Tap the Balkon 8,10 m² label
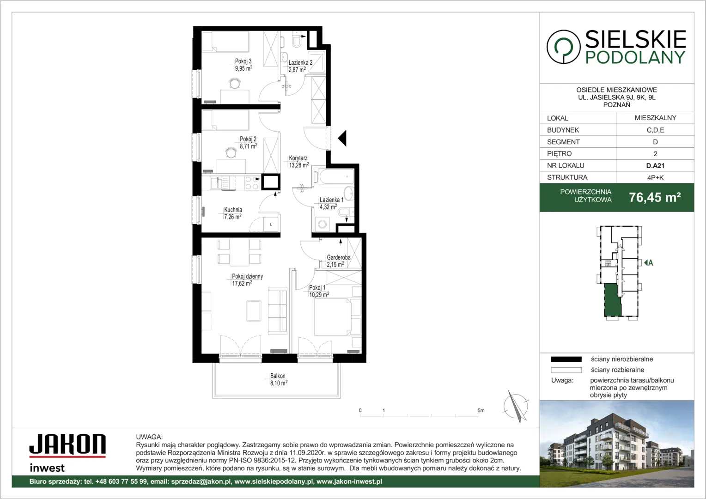coord(279,379)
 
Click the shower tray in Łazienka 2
coord(316,62)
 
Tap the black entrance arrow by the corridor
coord(342,138)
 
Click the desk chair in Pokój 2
coord(231,152)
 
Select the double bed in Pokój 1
coord(333,317)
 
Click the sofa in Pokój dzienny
coord(277,310)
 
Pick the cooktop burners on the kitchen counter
coord(251,183)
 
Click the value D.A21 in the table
coord(655,165)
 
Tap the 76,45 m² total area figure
coord(655,197)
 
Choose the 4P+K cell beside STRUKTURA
coord(655,177)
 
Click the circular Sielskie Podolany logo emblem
coord(563,47)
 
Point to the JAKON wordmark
coord(67,444)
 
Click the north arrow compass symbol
coord(516,406)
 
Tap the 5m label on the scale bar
coord(481,410)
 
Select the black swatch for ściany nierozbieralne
coord(566,359)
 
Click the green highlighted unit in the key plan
coord(612,300)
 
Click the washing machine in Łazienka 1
coord(322,224)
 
